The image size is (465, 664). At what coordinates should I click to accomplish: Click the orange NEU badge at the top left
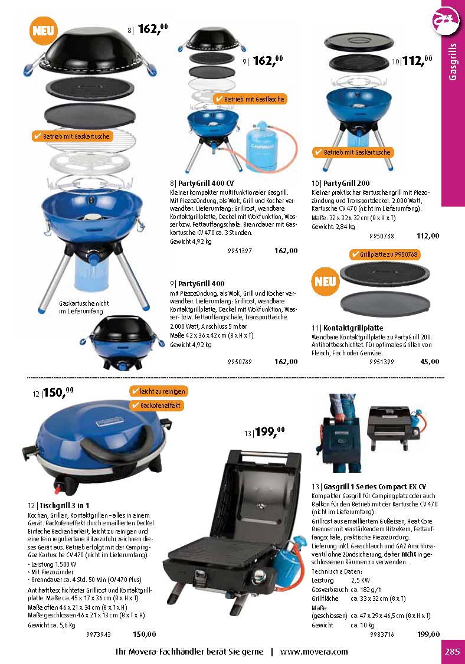tap(43, 31)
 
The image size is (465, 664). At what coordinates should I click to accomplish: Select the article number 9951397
tap(240, 251)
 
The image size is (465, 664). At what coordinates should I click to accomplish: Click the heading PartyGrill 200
tap(346, 184)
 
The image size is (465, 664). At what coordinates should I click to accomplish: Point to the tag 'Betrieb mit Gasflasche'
tap(250, 99)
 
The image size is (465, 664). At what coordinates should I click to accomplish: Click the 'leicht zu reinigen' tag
tap(158, 391)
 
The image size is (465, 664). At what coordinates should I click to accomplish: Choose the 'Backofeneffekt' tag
tap(156, 405)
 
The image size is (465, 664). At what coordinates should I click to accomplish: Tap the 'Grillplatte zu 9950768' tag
tap(385, 254)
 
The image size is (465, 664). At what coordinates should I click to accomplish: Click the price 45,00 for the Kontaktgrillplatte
tap(430, 362)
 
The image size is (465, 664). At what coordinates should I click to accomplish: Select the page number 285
tap(452, 651)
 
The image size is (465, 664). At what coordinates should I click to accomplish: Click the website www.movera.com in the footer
tap(314, 651)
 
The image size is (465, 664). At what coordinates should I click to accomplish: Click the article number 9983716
tap(382, 634)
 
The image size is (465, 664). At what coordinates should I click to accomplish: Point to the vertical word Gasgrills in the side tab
tap(453, 61)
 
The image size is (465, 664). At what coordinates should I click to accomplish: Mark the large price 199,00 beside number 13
tap(270, 431)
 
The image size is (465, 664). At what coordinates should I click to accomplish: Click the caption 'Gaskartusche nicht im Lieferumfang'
tap(84, 307)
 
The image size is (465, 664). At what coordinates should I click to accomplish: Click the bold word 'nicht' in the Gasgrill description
tap(409, 554)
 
